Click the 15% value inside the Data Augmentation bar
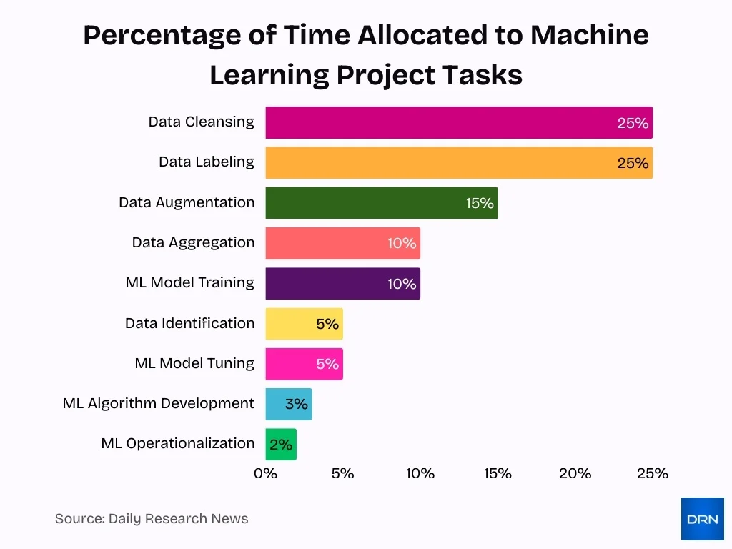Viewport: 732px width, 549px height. [480, 203]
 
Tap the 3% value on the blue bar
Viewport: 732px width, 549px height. [297, 404]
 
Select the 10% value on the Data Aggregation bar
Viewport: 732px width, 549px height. [402, 243]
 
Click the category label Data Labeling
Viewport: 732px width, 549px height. [207, 162]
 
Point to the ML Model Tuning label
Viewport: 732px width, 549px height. [194, 363]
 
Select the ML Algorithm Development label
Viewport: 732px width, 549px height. [159, 403]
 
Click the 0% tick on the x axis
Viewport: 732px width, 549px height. [266, 473]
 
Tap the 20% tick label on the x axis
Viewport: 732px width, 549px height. [575, 473]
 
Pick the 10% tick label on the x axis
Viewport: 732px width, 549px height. [420, 473]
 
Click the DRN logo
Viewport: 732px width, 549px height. [702, 519]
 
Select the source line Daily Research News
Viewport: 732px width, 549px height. [152, 519]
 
